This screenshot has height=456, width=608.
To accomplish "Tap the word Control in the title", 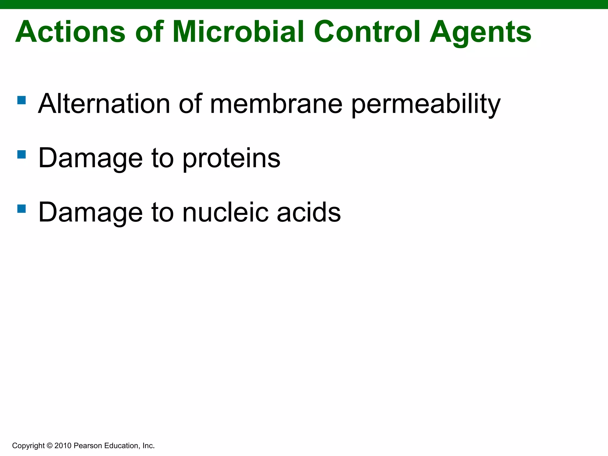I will click(367, 32).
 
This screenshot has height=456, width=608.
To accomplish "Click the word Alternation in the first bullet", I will click(104, 104).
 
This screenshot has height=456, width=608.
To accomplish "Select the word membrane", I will click(276, 104).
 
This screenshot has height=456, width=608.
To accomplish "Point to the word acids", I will click(309, 212).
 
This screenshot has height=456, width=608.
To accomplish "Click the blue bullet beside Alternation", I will click(22, 100).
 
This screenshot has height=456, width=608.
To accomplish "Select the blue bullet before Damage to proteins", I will click(22, 154).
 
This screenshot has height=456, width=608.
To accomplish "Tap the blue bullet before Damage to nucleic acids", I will click(22, 209).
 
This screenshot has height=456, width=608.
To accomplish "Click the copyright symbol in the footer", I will click(50, 446).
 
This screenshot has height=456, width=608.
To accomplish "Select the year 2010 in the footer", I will click(63, 446).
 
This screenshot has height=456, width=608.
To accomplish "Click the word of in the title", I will click(149, 32).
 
